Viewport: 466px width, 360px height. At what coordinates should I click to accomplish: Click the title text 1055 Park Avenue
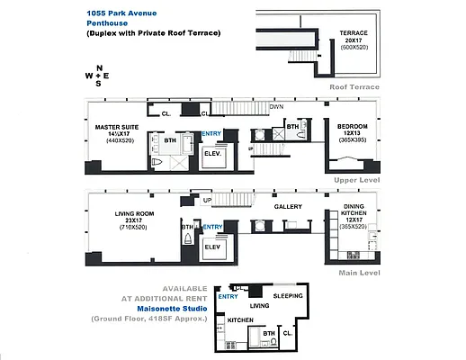tap(121, 13)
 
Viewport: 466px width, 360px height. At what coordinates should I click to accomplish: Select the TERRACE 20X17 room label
tap(353, 38)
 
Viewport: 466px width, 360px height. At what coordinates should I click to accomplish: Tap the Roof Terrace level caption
tap(354, 86)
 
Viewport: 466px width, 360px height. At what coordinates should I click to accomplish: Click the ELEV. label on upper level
tap(213, 153)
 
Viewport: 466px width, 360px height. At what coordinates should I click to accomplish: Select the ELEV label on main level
tap(213, 246)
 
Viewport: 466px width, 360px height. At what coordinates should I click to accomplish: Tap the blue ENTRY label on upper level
tap(211, 134)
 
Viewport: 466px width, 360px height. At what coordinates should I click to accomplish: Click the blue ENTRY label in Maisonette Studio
tap(228, 296)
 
